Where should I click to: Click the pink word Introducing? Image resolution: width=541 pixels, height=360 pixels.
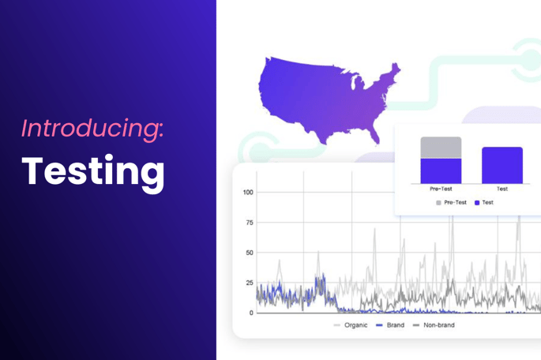click(x=92, y=129)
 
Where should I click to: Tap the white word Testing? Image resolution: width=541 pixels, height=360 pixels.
click(x=93, y=173)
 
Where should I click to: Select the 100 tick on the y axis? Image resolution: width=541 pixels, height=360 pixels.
click(x=248, y=192)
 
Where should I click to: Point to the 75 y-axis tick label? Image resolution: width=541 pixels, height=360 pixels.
click(x=250, y=223)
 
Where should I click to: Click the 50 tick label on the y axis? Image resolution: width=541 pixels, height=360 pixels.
click(x=250, y=253)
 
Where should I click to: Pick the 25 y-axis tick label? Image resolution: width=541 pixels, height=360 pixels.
click(x=250, y=283)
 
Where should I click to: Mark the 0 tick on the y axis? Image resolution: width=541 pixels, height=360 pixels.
click(x=251, y=313)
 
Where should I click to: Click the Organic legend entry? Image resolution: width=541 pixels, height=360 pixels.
click(x=351, y=325)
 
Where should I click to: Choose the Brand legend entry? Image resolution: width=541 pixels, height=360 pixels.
click(x=390, y=325)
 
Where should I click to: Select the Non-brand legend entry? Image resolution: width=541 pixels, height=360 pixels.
click(x=434, y=325)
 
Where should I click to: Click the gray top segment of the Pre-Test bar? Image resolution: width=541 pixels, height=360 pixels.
click(x=441, y=148)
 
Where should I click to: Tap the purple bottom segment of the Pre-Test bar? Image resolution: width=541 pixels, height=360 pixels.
click(x=441, y=171)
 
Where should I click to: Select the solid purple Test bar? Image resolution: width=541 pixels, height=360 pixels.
click(x=502, y=166)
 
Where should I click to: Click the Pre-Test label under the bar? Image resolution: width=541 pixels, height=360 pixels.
click(x=441, y=189)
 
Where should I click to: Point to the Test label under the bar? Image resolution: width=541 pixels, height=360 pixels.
click(x=502, y=189)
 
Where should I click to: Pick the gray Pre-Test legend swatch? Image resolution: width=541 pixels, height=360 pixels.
click(x=438, y=203)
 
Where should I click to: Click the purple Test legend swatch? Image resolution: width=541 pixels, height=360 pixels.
click(x=477, y=203)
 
